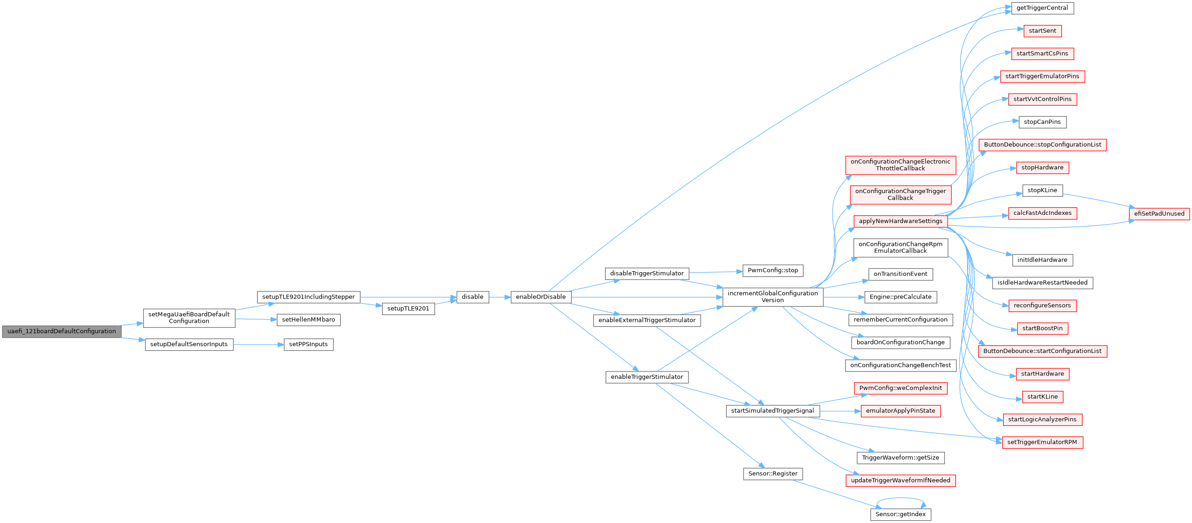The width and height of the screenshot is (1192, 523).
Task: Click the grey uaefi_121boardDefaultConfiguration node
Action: coord(61,331)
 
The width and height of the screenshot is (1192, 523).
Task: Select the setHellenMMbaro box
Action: coord(309,320)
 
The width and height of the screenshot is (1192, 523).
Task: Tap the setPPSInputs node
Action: coord(309,344)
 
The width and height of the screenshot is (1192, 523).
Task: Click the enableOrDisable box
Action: coord(541,297)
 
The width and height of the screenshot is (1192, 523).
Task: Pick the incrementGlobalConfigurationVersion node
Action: coord(773,297)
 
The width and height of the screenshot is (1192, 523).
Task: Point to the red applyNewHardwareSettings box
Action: coord(901,221)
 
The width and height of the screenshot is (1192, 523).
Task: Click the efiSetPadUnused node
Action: coord(1159,214)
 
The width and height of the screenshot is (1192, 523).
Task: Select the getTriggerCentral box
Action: coord(1042,8)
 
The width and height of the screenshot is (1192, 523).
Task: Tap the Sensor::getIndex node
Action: coord(901,515)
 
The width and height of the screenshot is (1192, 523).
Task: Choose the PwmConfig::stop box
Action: coord(773,271)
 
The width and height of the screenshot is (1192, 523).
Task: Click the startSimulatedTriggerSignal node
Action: coord(773,411)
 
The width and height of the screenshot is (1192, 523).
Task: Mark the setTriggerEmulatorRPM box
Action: coord(1042,443)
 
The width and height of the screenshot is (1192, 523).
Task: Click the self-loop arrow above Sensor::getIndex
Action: coord(901,499)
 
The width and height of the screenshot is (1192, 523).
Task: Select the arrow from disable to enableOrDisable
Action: coord(500,297)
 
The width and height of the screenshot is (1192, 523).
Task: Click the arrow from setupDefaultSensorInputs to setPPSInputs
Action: coord(258,345)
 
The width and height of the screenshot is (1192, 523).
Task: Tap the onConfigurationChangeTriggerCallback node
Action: coord(901,195)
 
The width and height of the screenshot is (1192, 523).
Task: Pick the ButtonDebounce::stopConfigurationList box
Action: coord(1042,145)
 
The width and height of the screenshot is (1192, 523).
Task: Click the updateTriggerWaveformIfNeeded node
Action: coord(901,481)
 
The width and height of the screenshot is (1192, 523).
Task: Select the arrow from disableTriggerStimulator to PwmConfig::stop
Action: coord(716,272)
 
